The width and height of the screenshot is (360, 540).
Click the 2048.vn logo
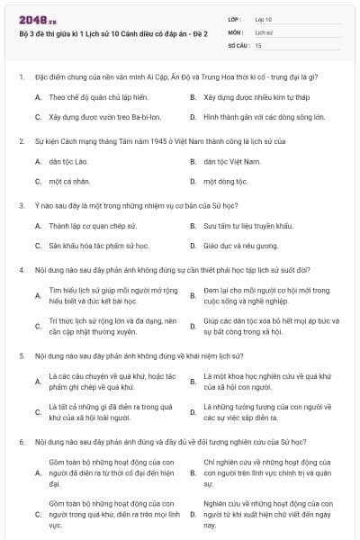[38, 17]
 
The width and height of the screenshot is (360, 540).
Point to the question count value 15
[259, 43]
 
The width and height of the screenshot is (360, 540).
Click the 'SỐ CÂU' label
[238, 43]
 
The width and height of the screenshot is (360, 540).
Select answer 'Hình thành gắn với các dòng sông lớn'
[262, 117]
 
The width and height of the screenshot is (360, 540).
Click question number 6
[21, 442]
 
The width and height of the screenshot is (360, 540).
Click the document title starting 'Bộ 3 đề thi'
[112, 33]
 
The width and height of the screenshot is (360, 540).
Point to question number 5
[21, 355]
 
